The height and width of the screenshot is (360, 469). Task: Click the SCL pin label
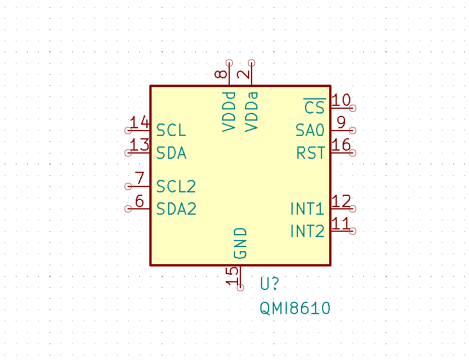[171, 131]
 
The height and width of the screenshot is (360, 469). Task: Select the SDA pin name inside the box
[172, 153]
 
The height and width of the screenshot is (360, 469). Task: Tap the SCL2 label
[176, 186]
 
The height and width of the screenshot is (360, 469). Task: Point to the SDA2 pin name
[176, 209]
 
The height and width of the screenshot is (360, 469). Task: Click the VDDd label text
[229, 111]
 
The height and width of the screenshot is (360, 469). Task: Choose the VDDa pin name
[252, 111]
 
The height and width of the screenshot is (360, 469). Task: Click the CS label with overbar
[314, 108]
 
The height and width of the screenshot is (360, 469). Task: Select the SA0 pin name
[310, 130]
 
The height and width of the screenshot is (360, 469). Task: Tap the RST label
[310, 153]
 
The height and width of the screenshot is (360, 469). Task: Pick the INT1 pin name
[307, 209]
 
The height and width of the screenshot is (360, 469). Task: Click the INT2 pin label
[307, 231]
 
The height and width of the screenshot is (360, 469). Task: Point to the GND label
[240, 244]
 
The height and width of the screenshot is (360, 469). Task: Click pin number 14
[140, 122]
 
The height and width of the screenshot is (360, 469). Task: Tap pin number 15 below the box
[233, 275]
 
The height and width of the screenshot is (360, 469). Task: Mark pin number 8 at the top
[221, 74]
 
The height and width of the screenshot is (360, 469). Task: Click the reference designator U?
[269, 284]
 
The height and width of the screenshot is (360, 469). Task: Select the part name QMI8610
[295, 308]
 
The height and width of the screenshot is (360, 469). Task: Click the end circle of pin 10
[353, 108]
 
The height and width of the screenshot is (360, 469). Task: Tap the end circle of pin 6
[128, 209]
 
